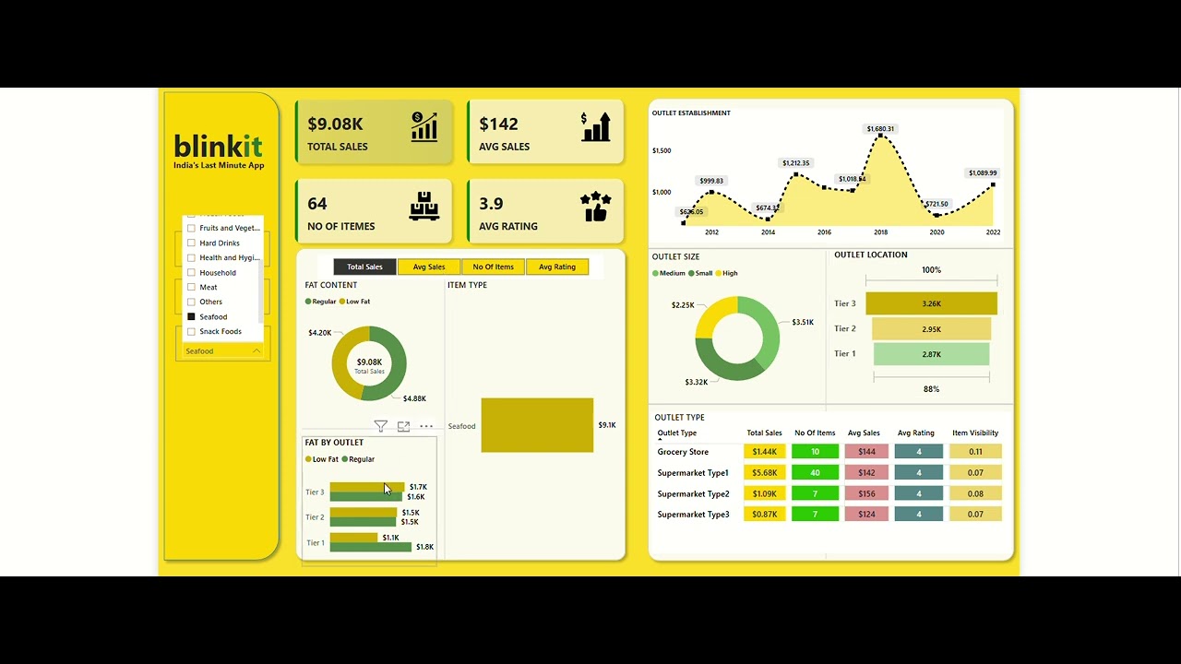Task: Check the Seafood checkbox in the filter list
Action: [x=192, y=316]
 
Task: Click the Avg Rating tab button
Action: [x=557, y=267]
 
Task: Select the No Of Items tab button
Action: [x=494, y=267]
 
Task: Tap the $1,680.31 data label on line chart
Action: [x=880, y=129]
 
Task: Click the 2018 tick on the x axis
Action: [x=881, y=232]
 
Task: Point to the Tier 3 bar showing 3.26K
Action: [x=931, y=303]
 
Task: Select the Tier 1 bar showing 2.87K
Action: [x=931, y=354]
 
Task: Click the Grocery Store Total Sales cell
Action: [x=765, y=452]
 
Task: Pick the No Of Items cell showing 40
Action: [x=815, y=473]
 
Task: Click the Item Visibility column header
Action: [x=975, y=433]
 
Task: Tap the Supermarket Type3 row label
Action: [x=693, y=515]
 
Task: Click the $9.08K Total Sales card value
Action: [x=335, y=124]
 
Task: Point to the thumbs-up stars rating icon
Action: [x=596, y=207]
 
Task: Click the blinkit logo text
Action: [x=219, y=146]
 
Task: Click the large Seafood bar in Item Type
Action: [x=537, y=425]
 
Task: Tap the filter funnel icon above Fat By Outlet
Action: [x=380, y=426]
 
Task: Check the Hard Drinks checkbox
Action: [x=192, y=243]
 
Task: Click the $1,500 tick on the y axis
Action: [x=662, y=150]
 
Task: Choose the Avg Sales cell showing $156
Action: [x=865, y=494]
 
